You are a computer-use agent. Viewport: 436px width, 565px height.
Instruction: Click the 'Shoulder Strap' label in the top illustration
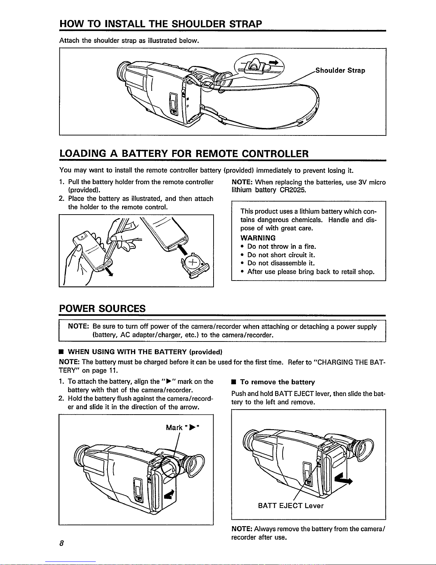[x=340, y=71]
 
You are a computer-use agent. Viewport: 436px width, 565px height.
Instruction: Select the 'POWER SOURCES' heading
[x=103, y=308]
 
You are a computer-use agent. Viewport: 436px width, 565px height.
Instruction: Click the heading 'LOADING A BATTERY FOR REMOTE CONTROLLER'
[x=184, y=154]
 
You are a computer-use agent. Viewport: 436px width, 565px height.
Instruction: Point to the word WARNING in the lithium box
[x=258, y=238]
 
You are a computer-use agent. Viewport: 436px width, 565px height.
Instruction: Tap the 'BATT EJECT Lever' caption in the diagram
[x=290, y=505]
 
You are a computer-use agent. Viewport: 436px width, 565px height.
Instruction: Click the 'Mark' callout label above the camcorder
[x=174, y=427]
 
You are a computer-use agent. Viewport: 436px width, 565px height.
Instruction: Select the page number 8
[x=62, y=543]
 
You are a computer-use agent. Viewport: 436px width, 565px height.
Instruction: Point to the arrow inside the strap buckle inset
[x=273, y=63]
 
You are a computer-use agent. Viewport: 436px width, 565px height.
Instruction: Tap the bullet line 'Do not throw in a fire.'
[x=282, y=246]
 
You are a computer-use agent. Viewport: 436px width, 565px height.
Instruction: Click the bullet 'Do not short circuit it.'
[x=281, y=255]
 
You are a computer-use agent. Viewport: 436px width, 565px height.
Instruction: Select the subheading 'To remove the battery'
[x=277, y=382]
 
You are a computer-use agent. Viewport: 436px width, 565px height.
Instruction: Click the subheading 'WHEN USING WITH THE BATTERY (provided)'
[x=145, y=352]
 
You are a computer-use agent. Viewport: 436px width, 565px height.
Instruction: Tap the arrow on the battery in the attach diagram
[x=170, y=495]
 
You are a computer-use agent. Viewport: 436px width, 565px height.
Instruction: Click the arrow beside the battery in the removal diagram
[x=344, y=480]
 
